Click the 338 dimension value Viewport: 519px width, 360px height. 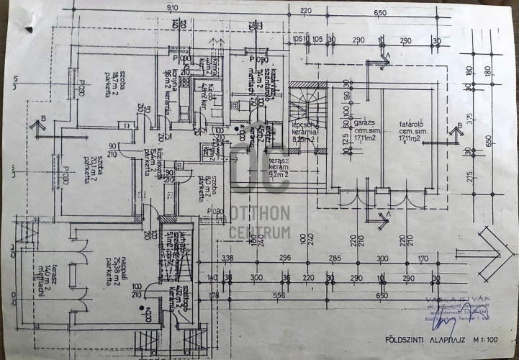click(x=229, y=257)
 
